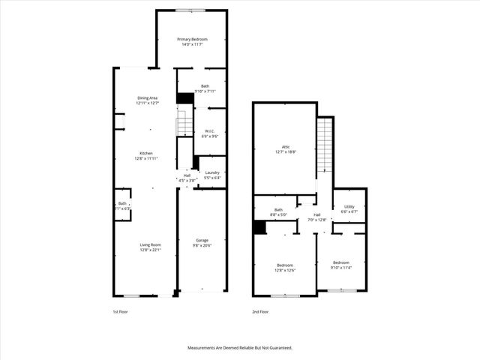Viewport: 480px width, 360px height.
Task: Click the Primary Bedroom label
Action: (x=192, y=41)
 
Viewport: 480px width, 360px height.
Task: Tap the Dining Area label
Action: (x=147, y=100)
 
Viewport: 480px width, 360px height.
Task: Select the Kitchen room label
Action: (x=145, y=156)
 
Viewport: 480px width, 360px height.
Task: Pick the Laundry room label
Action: (x=212, y=175)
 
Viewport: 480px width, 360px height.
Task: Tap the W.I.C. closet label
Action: (x=210, y=133)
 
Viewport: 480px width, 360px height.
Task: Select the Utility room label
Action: (x=349, y=208)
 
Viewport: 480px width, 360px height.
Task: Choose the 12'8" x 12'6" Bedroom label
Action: (x=285, y=268)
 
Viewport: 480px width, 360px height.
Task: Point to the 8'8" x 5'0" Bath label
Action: (x=278, y=212)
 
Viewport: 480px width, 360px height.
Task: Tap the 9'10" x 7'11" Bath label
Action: (x=205, y=88)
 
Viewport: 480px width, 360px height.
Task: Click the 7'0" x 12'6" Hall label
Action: (x=317, y=217)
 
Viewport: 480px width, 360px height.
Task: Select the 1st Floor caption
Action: (x=120, y=311)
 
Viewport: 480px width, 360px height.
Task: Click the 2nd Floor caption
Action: (x=259, y=311)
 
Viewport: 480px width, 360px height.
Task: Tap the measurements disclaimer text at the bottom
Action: (x=240, y=348)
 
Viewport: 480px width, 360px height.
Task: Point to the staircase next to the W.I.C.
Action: (x=185, y=124)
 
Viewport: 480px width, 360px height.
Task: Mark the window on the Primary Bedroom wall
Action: (x=192, y=10)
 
